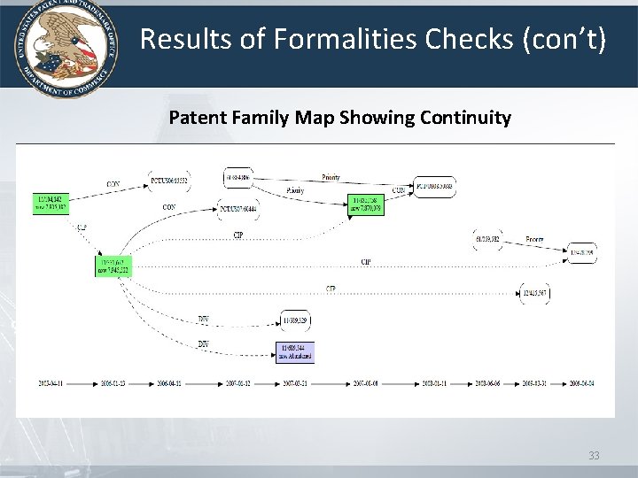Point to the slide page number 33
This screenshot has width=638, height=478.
595,456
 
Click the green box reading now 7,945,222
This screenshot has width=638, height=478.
113,266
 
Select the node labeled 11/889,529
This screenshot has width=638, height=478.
295,319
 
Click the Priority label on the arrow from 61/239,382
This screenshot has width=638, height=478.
535,239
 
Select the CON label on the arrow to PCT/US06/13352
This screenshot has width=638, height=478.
113,184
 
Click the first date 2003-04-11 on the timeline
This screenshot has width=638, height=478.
51,384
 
